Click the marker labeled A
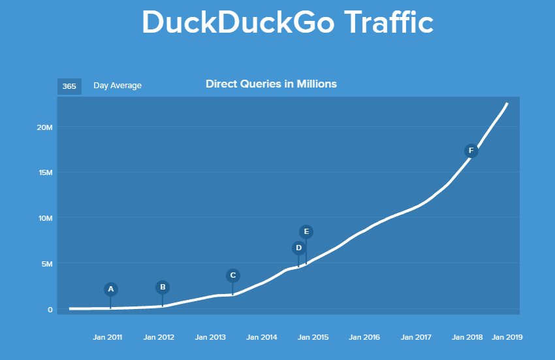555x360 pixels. click(110, 289)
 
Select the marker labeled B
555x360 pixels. click(163, 287)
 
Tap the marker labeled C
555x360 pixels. click(232, 275)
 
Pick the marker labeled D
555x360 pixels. click(298, 248)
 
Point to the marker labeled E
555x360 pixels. click(306, 231)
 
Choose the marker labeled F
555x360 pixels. click(471, 151)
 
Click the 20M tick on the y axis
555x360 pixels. click(45, 127)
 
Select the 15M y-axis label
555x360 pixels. click(45, 172)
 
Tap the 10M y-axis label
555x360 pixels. click(45, 218)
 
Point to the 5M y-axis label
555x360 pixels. click(46, 264)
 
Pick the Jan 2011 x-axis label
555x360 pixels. click(107, 338)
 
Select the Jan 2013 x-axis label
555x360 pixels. click(210, 338)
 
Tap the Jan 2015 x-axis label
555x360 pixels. click(313, 338)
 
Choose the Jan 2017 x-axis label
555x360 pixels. click(415, 338)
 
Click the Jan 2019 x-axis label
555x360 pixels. click(507, 338)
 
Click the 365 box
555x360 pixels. click(69, 86)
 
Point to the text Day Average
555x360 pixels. click(118, 86)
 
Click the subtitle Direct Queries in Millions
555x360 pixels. click(271, 84)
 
